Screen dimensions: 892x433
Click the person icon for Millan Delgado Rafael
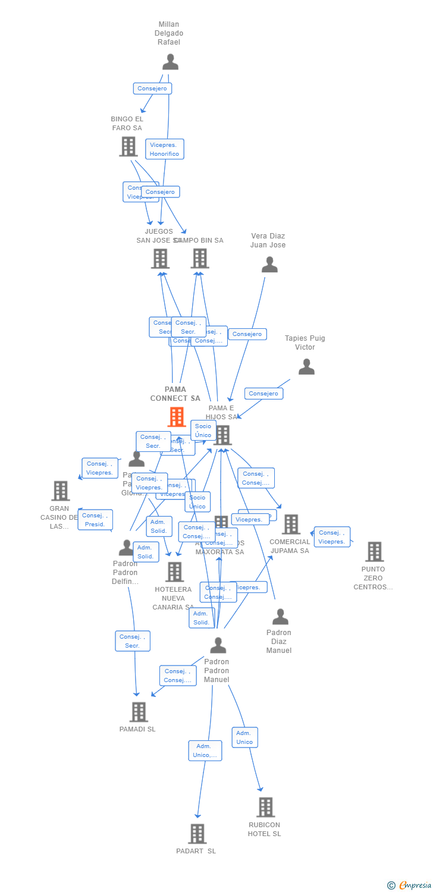click(x=170, y=62)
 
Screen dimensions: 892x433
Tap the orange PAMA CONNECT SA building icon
click(x=177, y=417)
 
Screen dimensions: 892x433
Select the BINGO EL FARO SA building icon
click(x=128, y=146)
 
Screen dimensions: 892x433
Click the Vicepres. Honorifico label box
click(x=165, y=149)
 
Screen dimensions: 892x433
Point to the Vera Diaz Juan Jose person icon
click(x=269, y=265)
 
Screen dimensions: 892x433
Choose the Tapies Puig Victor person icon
click(x=306, y=367)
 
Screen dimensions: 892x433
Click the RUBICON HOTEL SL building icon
click(x=265, y=807)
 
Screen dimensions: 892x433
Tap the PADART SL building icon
click(x=197, y=834)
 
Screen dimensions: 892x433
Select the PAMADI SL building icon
click(x=138, y=712)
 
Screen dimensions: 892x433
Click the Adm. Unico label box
click(x=244, y=737)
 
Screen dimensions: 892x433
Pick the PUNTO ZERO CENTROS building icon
click(x=374, y=552)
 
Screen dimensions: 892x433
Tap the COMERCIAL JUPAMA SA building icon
click(x=291, y=524)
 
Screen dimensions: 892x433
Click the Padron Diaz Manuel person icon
click(x=280, y=617)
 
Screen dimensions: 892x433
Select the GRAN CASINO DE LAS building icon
click(x=60, y=491)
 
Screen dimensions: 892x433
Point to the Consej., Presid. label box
click(x=95, y=520)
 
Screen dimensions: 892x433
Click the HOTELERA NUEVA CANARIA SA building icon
click(x=174, y=572)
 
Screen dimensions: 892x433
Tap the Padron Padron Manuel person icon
click(x=218, y=645)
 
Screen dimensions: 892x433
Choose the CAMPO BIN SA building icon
click(x=200, y=259)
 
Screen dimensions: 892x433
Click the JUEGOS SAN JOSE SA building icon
click(x=160, y=259)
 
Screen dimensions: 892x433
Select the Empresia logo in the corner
click(x=410, y=885)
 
